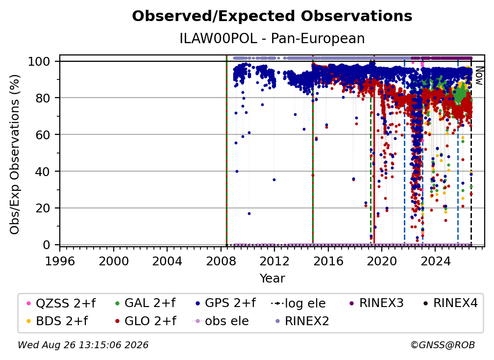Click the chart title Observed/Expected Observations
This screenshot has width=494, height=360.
272,16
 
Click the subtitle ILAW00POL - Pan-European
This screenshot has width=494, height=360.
272,38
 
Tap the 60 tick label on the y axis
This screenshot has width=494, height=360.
43,134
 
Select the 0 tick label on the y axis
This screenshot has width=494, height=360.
47,245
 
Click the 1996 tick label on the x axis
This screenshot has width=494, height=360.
60,261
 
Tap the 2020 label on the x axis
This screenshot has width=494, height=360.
381,261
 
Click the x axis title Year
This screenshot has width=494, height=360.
272,279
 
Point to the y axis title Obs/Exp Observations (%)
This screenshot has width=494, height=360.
15,154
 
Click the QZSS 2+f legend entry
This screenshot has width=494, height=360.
61,303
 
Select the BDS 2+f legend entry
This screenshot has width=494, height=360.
57,321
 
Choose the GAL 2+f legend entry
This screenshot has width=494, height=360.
145,303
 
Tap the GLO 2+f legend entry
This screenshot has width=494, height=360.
146,321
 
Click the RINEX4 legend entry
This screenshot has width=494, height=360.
450,303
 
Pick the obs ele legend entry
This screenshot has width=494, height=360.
220,321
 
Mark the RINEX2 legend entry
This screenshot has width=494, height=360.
302,321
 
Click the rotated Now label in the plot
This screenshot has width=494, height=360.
478,76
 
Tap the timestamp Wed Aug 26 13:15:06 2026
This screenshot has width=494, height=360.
83,345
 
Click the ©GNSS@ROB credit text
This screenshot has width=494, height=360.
443,345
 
